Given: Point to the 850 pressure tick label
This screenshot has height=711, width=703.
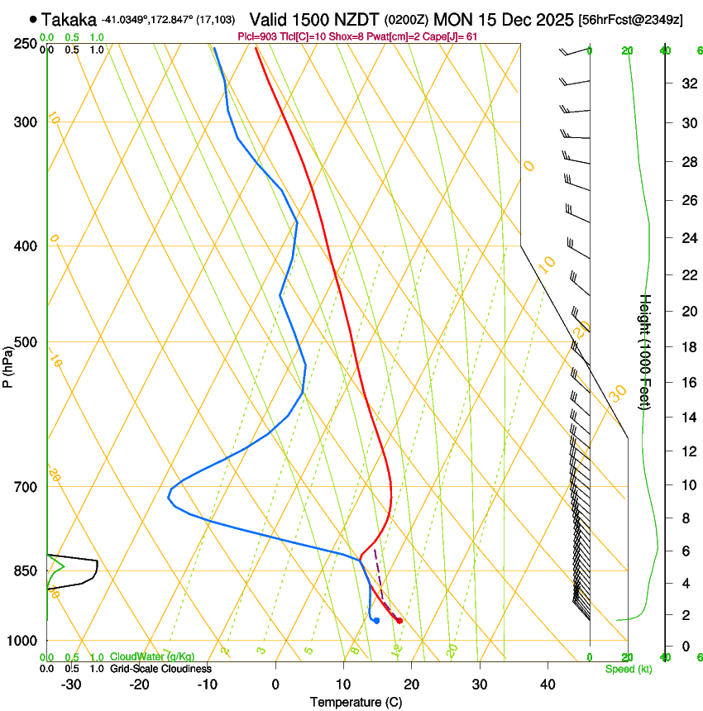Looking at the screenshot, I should tap(26, 571).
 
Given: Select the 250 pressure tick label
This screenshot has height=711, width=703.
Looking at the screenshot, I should tap(26, 44).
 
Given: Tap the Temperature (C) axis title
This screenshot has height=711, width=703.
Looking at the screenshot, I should tap(356, 702).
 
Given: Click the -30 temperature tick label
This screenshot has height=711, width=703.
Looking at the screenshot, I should tap(71, 685).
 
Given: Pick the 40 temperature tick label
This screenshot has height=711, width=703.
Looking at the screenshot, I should tap(547, 685).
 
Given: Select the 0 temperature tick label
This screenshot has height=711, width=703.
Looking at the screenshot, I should tap(275, 685).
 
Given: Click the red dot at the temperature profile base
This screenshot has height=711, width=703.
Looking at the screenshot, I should tap(399, 620).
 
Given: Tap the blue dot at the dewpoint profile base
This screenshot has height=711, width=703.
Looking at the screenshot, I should tap(376, 620).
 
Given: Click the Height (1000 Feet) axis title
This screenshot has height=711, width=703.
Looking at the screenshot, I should tap(645, 351).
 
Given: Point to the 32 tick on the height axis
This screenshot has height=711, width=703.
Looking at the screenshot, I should tap(687, 84).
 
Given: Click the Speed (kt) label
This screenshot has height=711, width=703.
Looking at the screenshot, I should tap(629, 669).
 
